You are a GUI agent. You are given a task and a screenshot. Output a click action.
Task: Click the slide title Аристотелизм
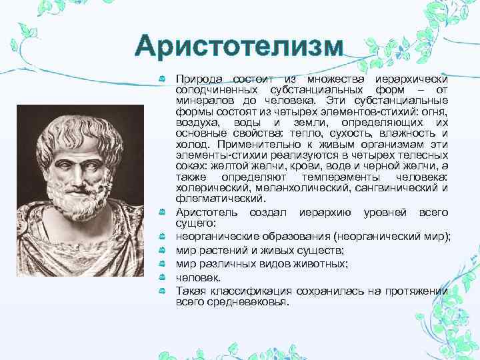(x=239, y=48)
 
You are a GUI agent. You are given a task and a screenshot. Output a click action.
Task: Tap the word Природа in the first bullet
(x=195, y=79)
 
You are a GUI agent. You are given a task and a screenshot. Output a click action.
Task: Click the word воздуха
(x=196, y=121)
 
